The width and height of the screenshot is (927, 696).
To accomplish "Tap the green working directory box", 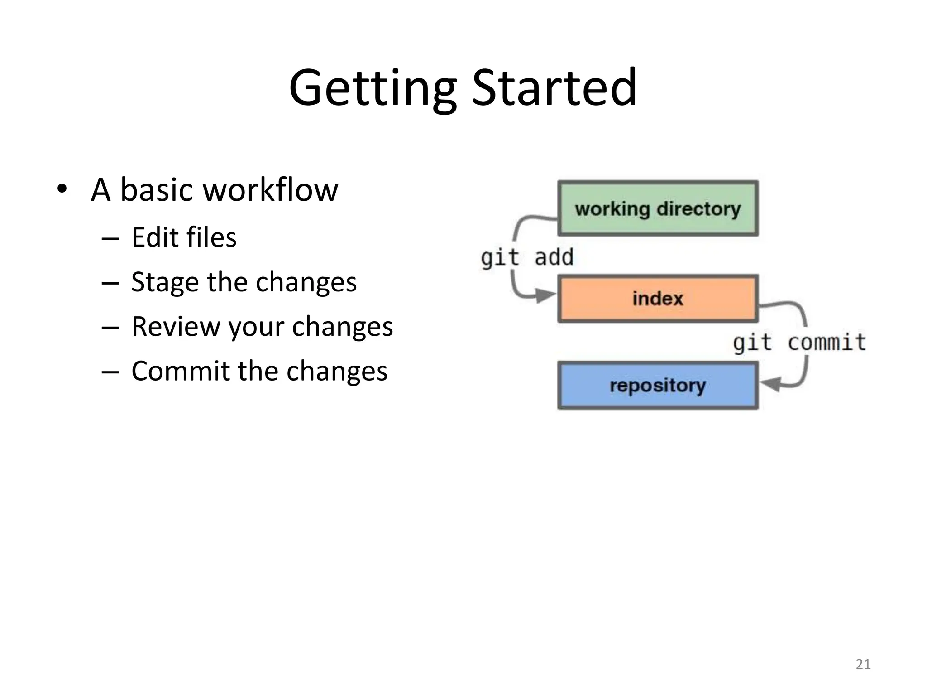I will [x=658, y=208].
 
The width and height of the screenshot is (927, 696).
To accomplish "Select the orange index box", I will [x=658, y=299].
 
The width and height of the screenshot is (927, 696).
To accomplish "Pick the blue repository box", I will [x=658, y=386].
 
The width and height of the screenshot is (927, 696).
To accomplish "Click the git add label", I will [x=527, y=257].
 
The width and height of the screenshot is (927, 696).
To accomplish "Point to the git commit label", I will [x=799, y=342].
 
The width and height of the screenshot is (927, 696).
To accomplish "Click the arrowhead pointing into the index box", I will [x=545, y=295].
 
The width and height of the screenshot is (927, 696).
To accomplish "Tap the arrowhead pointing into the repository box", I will [x=770, y=384].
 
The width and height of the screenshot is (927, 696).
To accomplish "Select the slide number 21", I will [x=863, y=664].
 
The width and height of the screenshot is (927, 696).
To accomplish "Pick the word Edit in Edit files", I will [x=154, y=237].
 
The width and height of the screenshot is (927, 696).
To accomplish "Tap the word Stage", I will [x=165, y=282].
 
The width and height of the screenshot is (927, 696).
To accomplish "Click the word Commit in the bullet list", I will [x=181, y=371].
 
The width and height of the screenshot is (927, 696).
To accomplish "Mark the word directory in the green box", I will [x=698, y=208].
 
